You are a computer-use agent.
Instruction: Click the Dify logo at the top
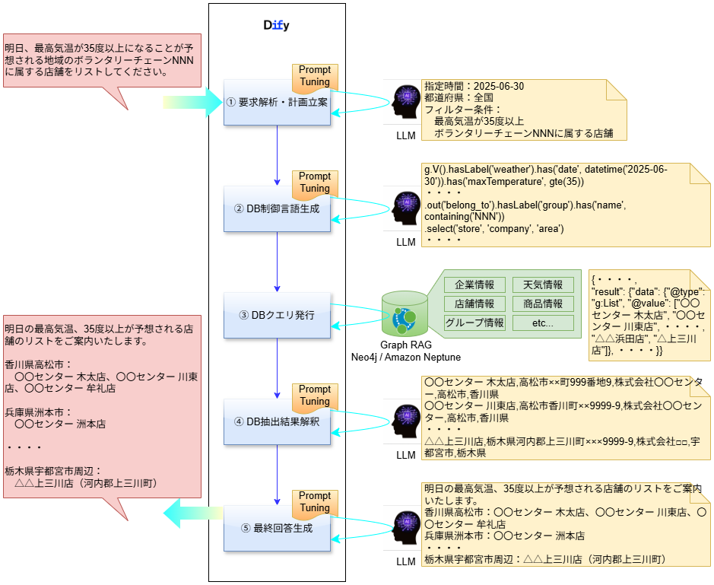(x=276, y=25)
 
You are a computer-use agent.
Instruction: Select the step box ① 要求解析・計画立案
(x=277, y=103)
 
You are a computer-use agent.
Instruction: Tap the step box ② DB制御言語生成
(x=277, y=209)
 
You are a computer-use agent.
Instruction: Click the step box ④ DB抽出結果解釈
(x=277, y=421)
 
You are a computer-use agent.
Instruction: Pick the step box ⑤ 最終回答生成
(x=277, y=528)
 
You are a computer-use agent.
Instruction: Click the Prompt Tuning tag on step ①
(x=315, y=76)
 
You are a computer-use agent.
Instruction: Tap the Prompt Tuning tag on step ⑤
(x=315, y=502)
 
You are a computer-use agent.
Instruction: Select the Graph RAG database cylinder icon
(x=403, y=314)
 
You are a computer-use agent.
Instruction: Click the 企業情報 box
(x=474, y=285)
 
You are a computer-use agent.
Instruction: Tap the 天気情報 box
(x=543, y=285)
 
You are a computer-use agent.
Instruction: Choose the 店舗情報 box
(x=474, y=304)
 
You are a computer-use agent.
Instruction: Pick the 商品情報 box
(x=543, y=304)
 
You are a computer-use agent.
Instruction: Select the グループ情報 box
(x=474, y=323)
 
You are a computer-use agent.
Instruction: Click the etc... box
(x=543, y=323)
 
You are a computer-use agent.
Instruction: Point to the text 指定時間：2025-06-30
(x=474, y=87)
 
